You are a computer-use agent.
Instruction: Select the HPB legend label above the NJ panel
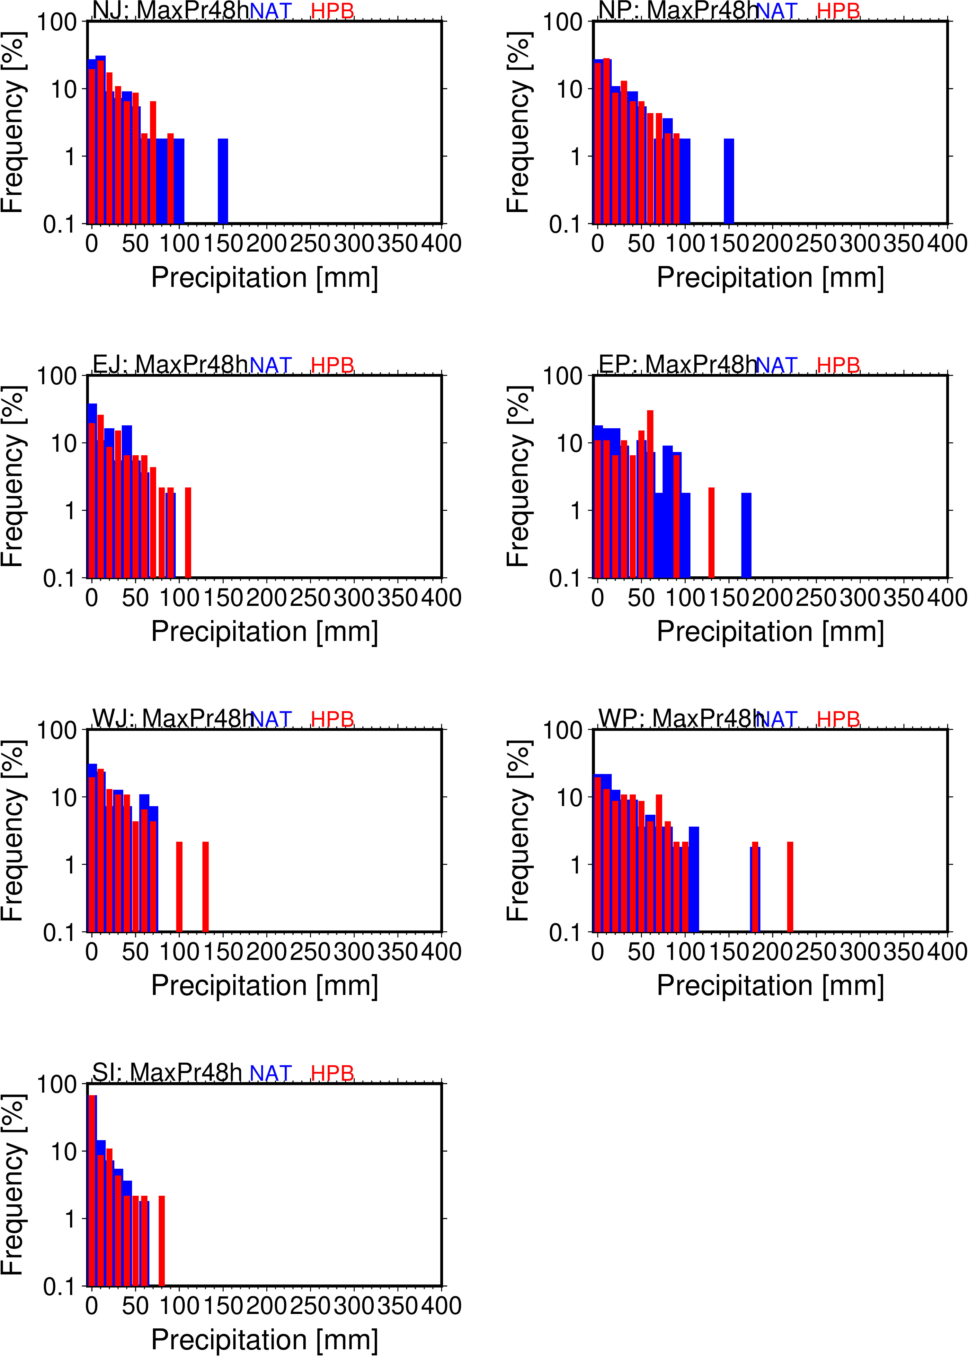332,11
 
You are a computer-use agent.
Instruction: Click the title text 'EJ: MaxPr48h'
170,364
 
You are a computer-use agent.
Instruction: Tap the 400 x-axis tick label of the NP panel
947,244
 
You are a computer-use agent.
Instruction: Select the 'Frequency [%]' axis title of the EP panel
518,476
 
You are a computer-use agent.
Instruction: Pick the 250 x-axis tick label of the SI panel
310,1306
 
